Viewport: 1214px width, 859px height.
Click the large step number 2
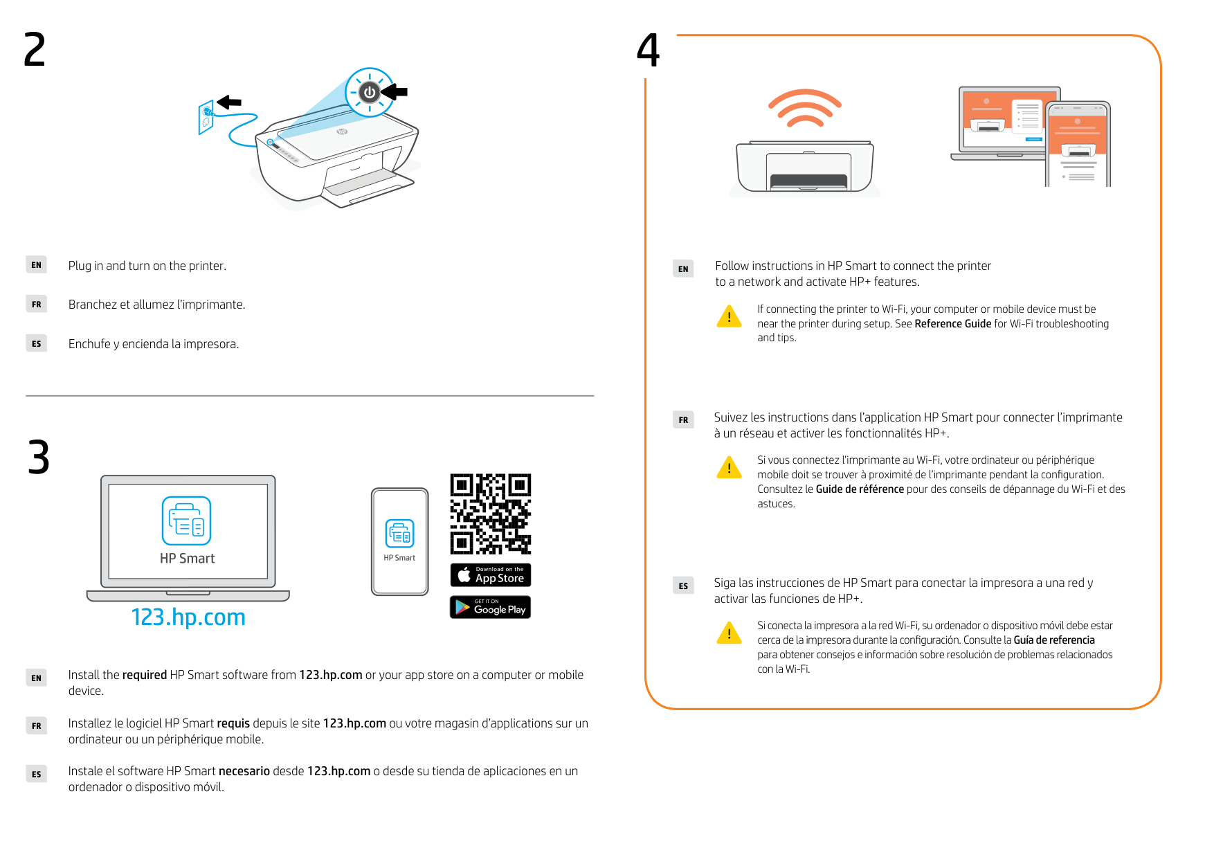point(35,50)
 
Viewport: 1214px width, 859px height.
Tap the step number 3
point(39,458)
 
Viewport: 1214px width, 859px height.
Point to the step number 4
point(649,51)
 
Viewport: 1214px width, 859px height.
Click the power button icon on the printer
point(370,92)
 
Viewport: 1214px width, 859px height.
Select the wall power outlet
point(206,117)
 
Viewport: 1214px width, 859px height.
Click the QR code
point(490,514)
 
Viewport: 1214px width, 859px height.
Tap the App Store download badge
point(490,575)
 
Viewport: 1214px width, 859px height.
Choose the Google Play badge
point(490,607)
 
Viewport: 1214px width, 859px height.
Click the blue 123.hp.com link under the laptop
point(188,617)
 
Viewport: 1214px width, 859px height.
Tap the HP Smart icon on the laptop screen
point(186,521)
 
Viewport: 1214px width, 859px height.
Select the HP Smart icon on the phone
point(400,534)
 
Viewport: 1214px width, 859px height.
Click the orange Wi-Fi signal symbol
point(804,108)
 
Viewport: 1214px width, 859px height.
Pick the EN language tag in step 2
point(37,265)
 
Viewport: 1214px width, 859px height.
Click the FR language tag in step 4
point(683,420)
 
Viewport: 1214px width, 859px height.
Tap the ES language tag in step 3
point(37,775)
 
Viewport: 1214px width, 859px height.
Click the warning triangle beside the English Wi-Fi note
point(729,316)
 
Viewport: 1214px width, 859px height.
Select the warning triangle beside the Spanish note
point(729,633)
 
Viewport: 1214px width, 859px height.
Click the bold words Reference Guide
point(952,324)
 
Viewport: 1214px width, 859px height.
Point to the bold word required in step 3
point(145,675)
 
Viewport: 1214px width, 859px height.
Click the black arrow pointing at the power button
point(395,91)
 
